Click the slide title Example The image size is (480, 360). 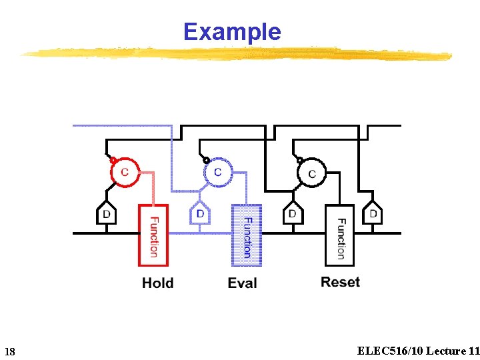pos(232,31)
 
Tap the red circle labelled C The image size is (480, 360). pos(125,172)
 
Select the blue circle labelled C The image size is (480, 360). pos(217,173)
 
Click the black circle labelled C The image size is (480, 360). pos(311,174)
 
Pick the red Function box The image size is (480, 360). pos(153,235)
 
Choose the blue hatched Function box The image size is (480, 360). pos(247,235)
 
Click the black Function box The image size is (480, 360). pos(340,235)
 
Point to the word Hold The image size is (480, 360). pos(158,283)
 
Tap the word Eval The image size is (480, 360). pos(242,283)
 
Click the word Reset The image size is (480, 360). pos(340,282)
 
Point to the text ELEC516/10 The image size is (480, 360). pos(390,351)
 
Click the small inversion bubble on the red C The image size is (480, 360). pos(114,160)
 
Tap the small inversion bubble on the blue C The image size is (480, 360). pos(207,160)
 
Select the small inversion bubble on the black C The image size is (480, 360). pos(301,160)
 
